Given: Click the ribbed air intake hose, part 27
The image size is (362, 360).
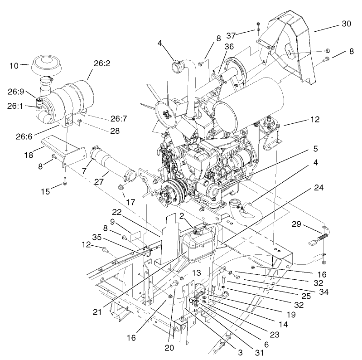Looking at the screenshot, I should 108,162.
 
